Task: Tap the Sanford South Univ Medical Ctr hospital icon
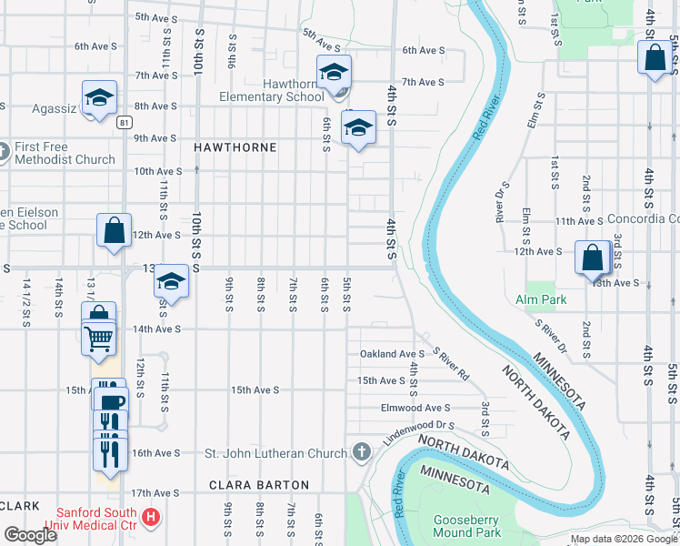(152, 519)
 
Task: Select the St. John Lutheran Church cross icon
(361, 452)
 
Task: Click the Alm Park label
(541, 299)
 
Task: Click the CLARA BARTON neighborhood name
(259, 485)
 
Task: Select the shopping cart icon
(99, 339)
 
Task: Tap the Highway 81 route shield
(125, 121)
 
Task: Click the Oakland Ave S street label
(393, 353)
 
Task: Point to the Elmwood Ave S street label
(416, 408)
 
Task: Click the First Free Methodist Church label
(65, 153)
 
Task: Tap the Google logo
(30, 535)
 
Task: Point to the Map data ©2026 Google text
(624, 539)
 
